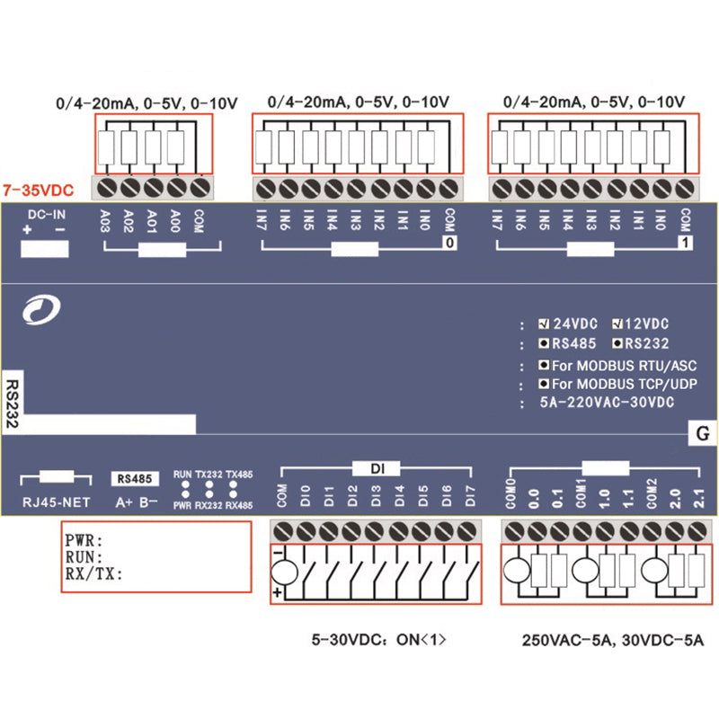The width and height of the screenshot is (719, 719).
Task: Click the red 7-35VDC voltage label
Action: [x=38, y=191]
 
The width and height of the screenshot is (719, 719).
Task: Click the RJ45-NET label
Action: [x=57, y=502]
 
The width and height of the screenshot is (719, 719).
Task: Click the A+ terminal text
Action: [x=125, y=502]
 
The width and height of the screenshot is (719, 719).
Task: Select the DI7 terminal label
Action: [x=468, y=496]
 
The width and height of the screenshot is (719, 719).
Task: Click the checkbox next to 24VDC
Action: [x=545, y=324]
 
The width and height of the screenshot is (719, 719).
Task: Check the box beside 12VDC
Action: [x=618, y=324]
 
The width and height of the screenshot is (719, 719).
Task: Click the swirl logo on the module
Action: [x=41, y=311]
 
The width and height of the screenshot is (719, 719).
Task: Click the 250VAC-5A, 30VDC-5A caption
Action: [x=614, y=641]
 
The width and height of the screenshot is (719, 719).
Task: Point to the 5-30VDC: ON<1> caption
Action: [x=378, y=641]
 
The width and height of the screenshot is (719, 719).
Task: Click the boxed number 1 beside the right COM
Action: [x=685, y=243]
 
